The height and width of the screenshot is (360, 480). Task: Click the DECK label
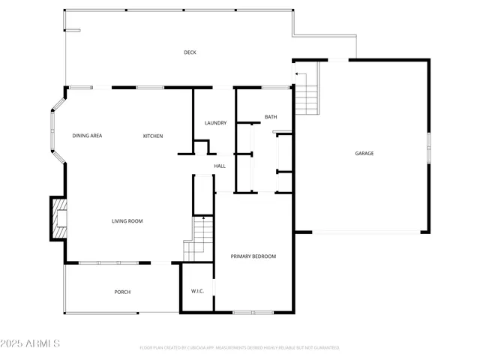pos(190,52)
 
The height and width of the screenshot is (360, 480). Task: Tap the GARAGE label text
pos(364,154)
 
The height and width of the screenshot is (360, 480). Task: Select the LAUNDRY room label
pos(215,123)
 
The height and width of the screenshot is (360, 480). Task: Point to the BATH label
pos(271,117)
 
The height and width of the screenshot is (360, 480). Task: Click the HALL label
pos(220,166)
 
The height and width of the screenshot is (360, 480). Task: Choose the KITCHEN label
pos(153,136)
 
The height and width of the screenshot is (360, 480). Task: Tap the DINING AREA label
pos(87,136)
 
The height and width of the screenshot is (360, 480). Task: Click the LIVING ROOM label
pos(127,221)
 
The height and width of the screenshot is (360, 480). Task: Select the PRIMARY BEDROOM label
pos(253,256)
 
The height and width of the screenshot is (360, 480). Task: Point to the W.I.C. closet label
pos(198,291)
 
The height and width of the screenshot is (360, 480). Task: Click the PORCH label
pos(122,292)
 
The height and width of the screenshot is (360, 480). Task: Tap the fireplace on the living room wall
pos(58,218)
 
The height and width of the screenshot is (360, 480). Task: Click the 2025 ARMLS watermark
pos(31,343)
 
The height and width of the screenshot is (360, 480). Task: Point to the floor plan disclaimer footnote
pos(239,348)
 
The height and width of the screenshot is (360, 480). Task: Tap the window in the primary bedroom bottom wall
pos(253,312)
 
